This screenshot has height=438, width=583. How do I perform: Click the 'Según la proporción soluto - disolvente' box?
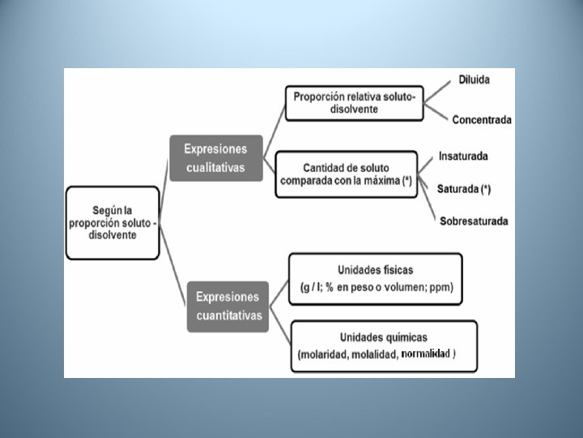[x=112, y=222]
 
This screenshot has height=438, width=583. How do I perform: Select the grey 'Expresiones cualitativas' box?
[x=215, y=158]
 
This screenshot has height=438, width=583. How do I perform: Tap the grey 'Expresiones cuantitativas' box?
[x=228, y=306]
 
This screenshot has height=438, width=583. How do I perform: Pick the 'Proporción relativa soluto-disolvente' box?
[x=354, y=103]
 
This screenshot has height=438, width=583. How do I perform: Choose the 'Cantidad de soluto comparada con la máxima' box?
[x=346, y=174]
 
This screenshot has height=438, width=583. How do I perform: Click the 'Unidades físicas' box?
[x=375, y=278]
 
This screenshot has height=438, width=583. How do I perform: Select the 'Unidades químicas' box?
[x=382, y=346]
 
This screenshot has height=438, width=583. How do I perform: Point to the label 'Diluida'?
[x=474, y=79]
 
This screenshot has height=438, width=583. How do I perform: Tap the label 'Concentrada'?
[x=481, y=120]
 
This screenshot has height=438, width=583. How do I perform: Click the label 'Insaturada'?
[x=463, y=156]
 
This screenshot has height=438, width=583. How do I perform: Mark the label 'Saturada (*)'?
[x=464, y=189]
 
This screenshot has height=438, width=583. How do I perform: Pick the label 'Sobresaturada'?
[x=474, y=221]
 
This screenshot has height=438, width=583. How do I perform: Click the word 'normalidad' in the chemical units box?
[x=427, y=354]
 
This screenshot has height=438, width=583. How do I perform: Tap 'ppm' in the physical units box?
[x=441, y=287]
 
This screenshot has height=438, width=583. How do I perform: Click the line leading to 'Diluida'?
[x=440, y=90]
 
